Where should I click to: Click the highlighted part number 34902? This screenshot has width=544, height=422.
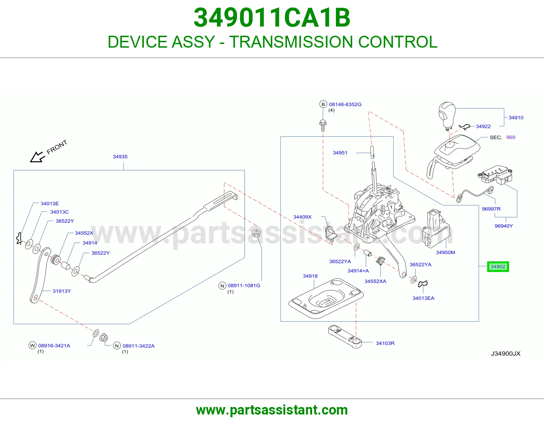click(x=498, y=266)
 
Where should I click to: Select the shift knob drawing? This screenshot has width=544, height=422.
click(x=447, y=116)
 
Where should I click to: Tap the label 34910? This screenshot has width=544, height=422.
click(x=516, y=117)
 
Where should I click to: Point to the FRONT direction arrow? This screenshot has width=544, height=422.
click(x=37, y=157)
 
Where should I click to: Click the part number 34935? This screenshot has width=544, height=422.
click(x=120, y=157)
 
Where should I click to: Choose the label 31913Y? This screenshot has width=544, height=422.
click(x=62, y=291)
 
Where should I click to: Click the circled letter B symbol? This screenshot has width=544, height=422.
click(x=323, y=104)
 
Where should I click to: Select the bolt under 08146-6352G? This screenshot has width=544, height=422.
click(x=323, y=126)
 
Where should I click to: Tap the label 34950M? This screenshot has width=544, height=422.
click(x=445, y=252)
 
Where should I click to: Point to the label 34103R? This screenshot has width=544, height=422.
click(x=385, y=343)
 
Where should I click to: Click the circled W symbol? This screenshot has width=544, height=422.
click(x=33, y=345)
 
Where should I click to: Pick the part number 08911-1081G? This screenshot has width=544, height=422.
click(x=244, y=286)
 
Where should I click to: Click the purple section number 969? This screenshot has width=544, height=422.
click(x=510, y=137)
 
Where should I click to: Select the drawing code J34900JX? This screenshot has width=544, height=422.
click(x=506, y=354)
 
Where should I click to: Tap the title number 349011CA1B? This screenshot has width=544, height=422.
click(x=272, y=18)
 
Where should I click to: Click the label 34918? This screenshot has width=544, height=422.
click(x=310, y=276)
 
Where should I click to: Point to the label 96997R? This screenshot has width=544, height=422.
click(x=491, y=209)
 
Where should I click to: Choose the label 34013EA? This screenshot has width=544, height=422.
click(x=423, y=298)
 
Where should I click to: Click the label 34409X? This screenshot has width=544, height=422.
click(x=302, y=217)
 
